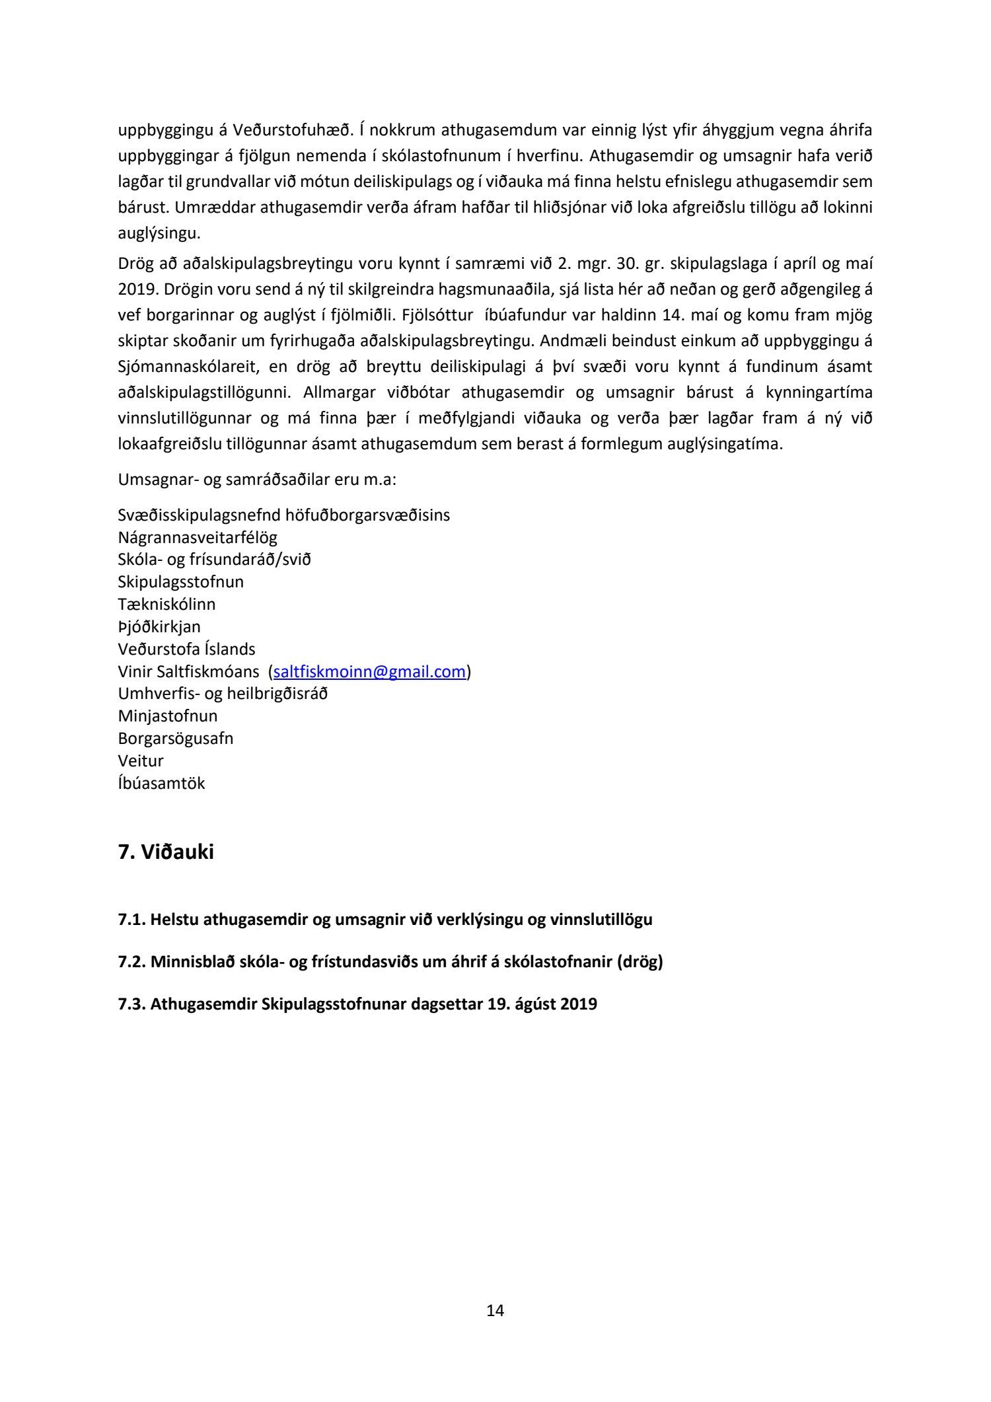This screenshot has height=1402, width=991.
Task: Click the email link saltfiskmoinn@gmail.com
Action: [x=369, y=671]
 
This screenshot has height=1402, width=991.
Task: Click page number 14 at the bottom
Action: [x=495, y=1310]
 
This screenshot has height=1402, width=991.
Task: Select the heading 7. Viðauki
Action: [x=166, y=852]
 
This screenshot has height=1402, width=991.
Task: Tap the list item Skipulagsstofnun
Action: [x=180, y=581]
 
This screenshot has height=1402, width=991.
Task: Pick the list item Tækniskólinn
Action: [x=166, y=604]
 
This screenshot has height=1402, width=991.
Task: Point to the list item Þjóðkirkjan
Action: [x=159, y=626]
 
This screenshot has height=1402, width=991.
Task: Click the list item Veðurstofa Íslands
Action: [x=186, y=649]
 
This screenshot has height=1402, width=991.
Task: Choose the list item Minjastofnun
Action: [x=167, y=716]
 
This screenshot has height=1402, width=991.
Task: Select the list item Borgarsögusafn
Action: [x=175, y=738]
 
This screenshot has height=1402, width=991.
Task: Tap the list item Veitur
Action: [x=141, y=760]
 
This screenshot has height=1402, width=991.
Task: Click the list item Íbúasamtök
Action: [x=161, y=783]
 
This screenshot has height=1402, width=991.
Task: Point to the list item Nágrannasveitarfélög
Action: [x=198, y=537]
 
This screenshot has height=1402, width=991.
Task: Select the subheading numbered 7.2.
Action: [x=390, y=961]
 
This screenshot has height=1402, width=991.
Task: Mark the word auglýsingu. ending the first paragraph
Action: [x=159, y=233]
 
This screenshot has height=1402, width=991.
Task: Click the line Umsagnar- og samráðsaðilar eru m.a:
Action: [x=257, y=479]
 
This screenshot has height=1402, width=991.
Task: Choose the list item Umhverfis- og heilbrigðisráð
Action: [x=223, y=694]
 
